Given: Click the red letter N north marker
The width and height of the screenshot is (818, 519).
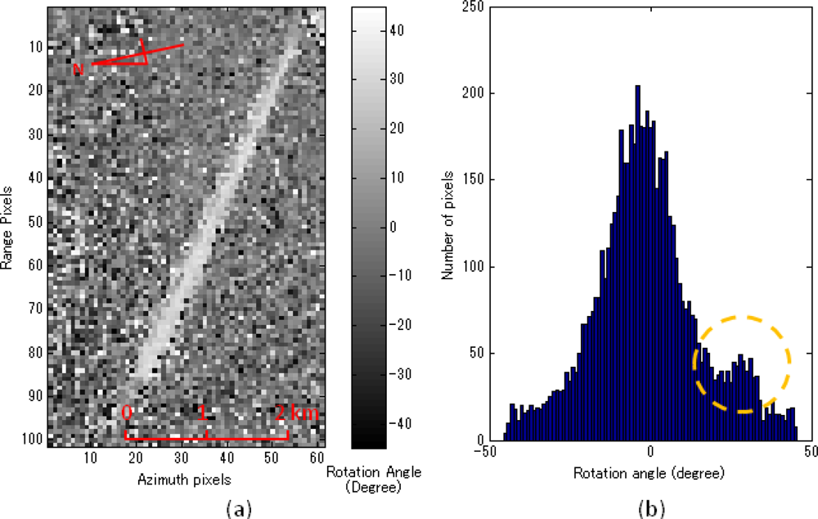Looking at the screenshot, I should (79, 70).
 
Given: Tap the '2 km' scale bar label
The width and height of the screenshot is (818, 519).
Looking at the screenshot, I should (295, 413).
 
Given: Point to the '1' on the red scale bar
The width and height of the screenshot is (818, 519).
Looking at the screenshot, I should (201, 413).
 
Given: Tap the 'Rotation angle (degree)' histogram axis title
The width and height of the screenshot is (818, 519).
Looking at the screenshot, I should (649, 473).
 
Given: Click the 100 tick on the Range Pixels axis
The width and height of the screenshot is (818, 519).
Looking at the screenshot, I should (34, 440).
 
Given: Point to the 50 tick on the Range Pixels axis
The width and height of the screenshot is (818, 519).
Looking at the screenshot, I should (37, 221).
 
